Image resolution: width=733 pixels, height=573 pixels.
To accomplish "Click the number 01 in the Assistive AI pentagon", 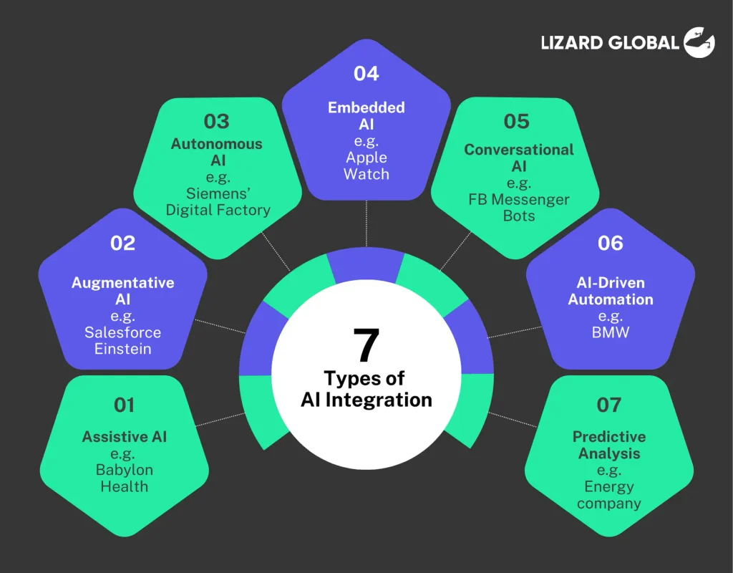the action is tap(125, 405).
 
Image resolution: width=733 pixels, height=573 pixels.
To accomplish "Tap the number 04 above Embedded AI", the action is tap(366, 74).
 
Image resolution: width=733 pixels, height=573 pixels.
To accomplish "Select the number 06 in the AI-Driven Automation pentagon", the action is tap(610, 244).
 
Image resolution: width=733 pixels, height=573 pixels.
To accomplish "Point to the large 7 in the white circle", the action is tap(366, 345).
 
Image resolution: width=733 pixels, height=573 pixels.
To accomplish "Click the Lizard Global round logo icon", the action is tap(699, 42).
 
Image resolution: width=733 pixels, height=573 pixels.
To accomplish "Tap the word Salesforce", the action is tap(123, 332).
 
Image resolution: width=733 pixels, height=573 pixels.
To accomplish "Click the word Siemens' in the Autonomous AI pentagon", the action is tap(218, 193).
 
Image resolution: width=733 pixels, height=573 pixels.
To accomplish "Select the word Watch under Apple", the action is tap(366, 174).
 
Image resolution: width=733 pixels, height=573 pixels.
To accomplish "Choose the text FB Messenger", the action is tap(519, 200).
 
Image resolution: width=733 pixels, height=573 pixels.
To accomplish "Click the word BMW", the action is tap(611, 332).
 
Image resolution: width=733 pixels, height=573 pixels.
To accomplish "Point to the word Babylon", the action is tap(125, 470).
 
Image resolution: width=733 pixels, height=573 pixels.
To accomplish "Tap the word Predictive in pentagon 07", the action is tap(609, 437).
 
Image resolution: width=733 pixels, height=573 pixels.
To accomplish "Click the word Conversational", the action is tap(519, 150).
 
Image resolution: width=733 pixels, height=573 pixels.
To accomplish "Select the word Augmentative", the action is tap(123, 283).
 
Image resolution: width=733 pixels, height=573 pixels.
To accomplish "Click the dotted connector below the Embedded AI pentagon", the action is tap(366, 223).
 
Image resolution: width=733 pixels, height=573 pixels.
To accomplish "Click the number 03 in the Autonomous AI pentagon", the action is tap(216, 122).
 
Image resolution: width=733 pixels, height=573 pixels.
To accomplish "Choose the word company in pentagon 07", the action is tap(609, 504).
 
